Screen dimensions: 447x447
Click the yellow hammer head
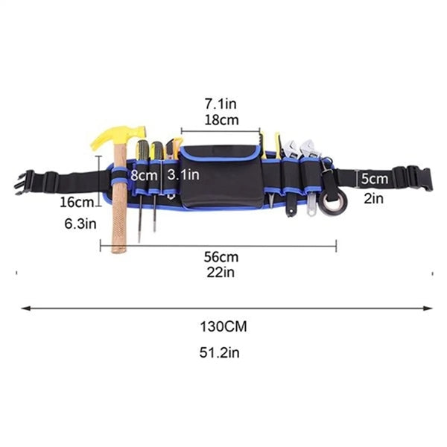120,136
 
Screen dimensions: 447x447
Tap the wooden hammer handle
119,200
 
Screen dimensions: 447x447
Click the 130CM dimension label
223,326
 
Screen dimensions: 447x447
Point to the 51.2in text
219,352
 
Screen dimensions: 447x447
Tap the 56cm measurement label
221,257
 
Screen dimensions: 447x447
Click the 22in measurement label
221,273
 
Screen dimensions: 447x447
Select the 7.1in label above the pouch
221,104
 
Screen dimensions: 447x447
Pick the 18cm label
221,120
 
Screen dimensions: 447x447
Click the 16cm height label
77,203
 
